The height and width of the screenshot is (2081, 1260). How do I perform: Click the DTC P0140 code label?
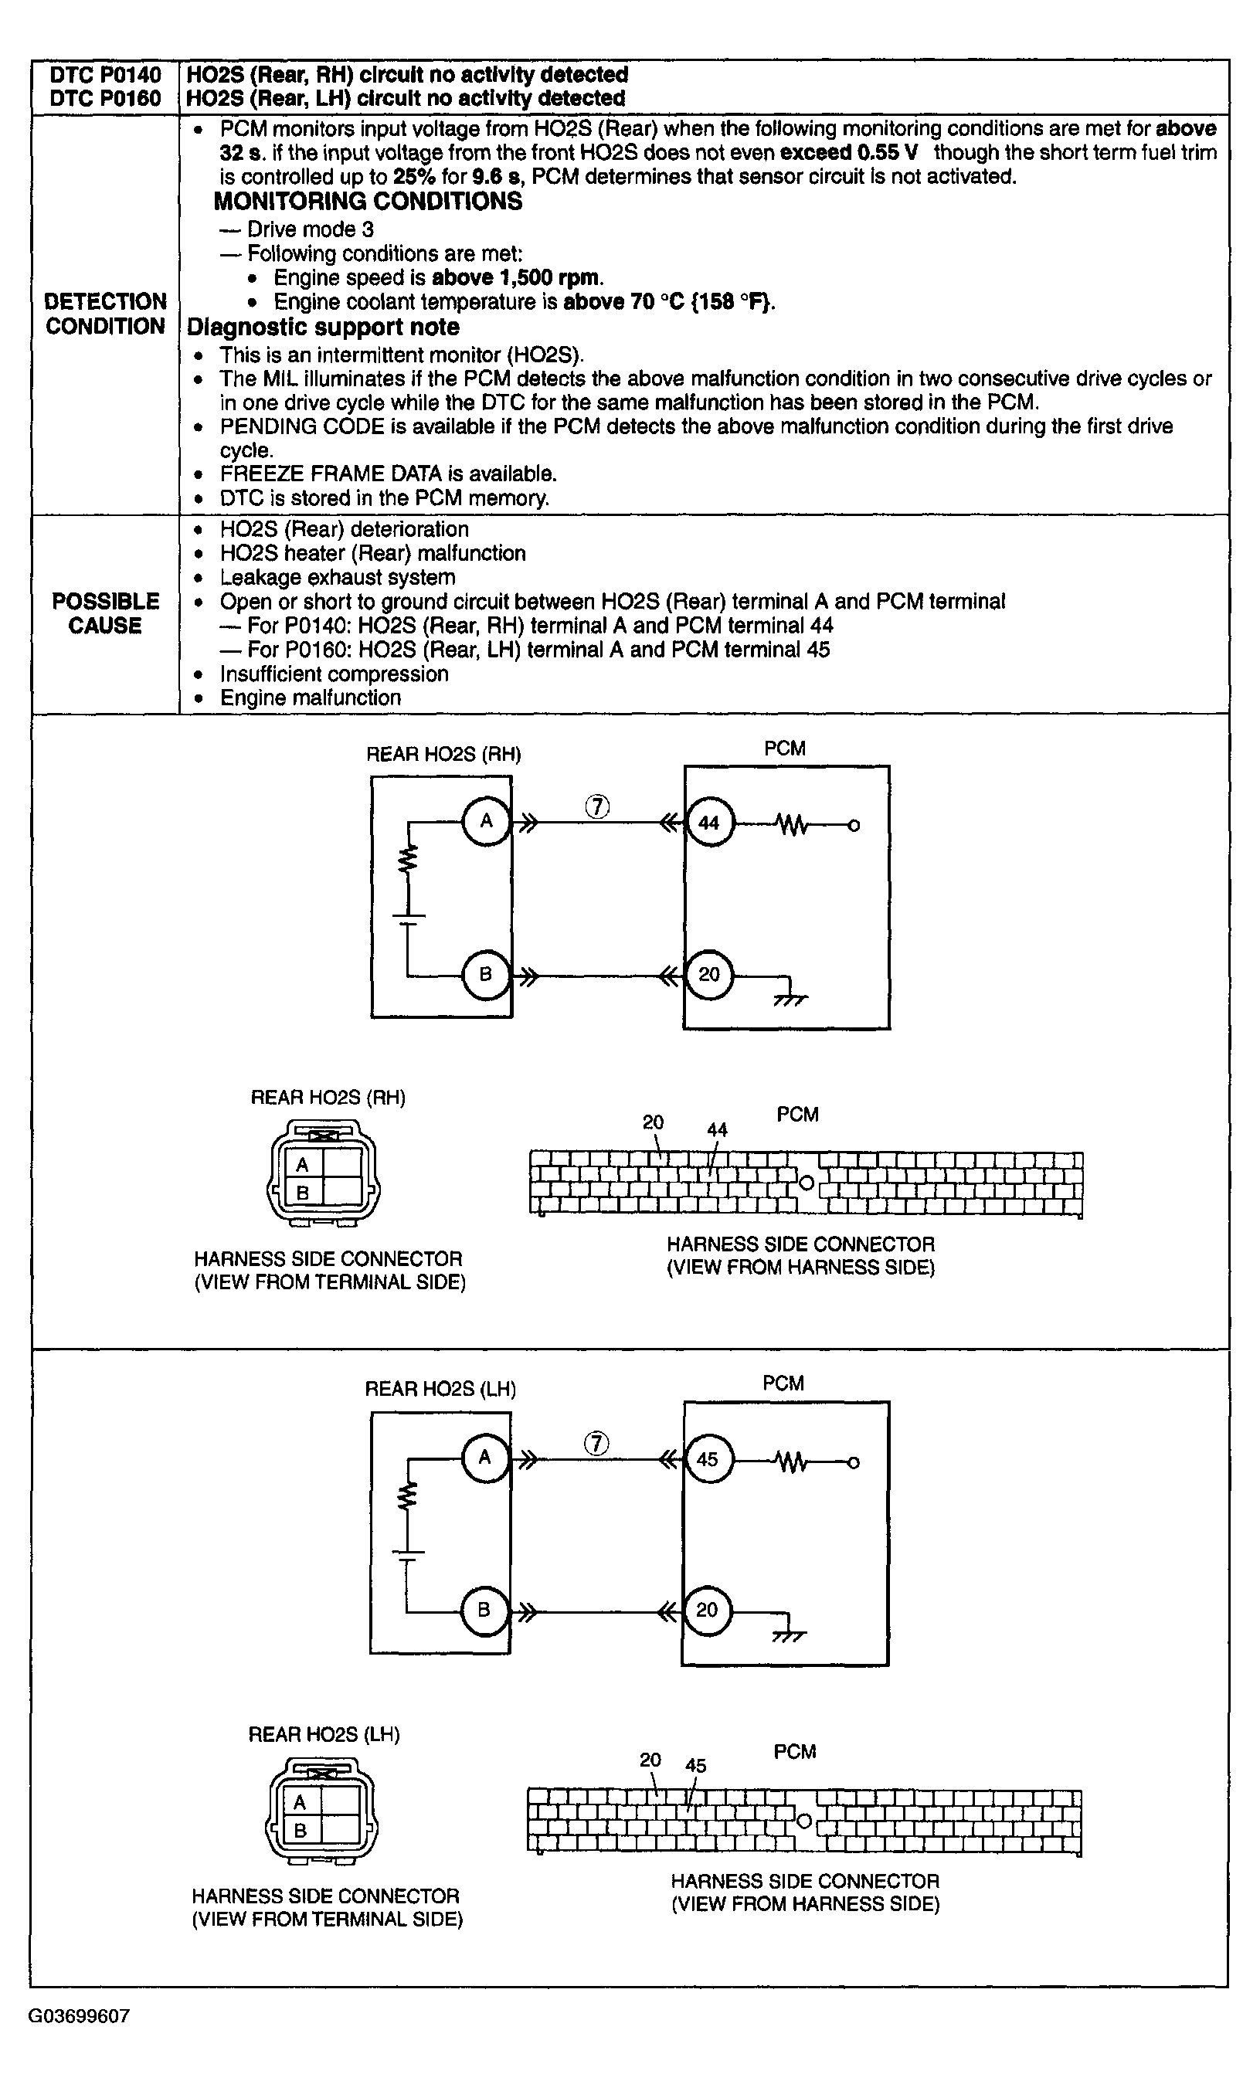pyautogui.click(x=106, y=74)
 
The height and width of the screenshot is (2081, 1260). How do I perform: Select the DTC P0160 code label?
pyautogui.click(x=106, y=98)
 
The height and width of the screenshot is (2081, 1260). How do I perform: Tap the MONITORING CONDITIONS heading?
pyautogui.click(x=368, y=201)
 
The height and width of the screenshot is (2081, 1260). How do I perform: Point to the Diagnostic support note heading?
pyautogui.click(x=323, y=327)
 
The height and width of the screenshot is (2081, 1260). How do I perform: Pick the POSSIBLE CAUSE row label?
pyautogui.click(x=106, y=613)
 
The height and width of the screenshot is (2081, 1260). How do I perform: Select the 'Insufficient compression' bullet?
pyautogui.click(x=334, y=674)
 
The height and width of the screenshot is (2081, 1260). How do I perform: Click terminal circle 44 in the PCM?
pyautogui.click(x=709, y=823)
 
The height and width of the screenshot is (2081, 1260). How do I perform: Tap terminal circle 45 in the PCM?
pyautogui.click(x=708, y=1458)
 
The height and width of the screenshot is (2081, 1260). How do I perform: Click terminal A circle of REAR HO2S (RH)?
pyautogui.click(x=487, y=820)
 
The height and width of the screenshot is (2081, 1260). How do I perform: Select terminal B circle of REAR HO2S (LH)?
pyautogui.click(x=484, y=1610)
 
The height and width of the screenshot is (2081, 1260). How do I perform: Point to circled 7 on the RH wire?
pyautogui.click(x=597, y=807)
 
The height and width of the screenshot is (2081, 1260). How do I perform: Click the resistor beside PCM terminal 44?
pyautogui.click(x=792, y=825)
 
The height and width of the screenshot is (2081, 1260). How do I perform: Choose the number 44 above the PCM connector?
pyautogui.click(x=717, y=1129)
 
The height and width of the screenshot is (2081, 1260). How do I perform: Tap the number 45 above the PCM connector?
pyautogui.click(x=696, y=1765)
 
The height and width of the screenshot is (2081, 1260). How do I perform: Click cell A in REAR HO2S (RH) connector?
pyautogui.click(x=302, y=1165)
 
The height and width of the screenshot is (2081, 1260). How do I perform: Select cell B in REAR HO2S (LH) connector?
pyautogui.click(x=300, y=1830)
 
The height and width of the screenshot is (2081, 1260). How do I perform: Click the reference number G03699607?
pyautogui.click(x=80, y=2017)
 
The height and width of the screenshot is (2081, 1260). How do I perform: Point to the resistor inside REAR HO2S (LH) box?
pyautogui.click(x=407, y=1496)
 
